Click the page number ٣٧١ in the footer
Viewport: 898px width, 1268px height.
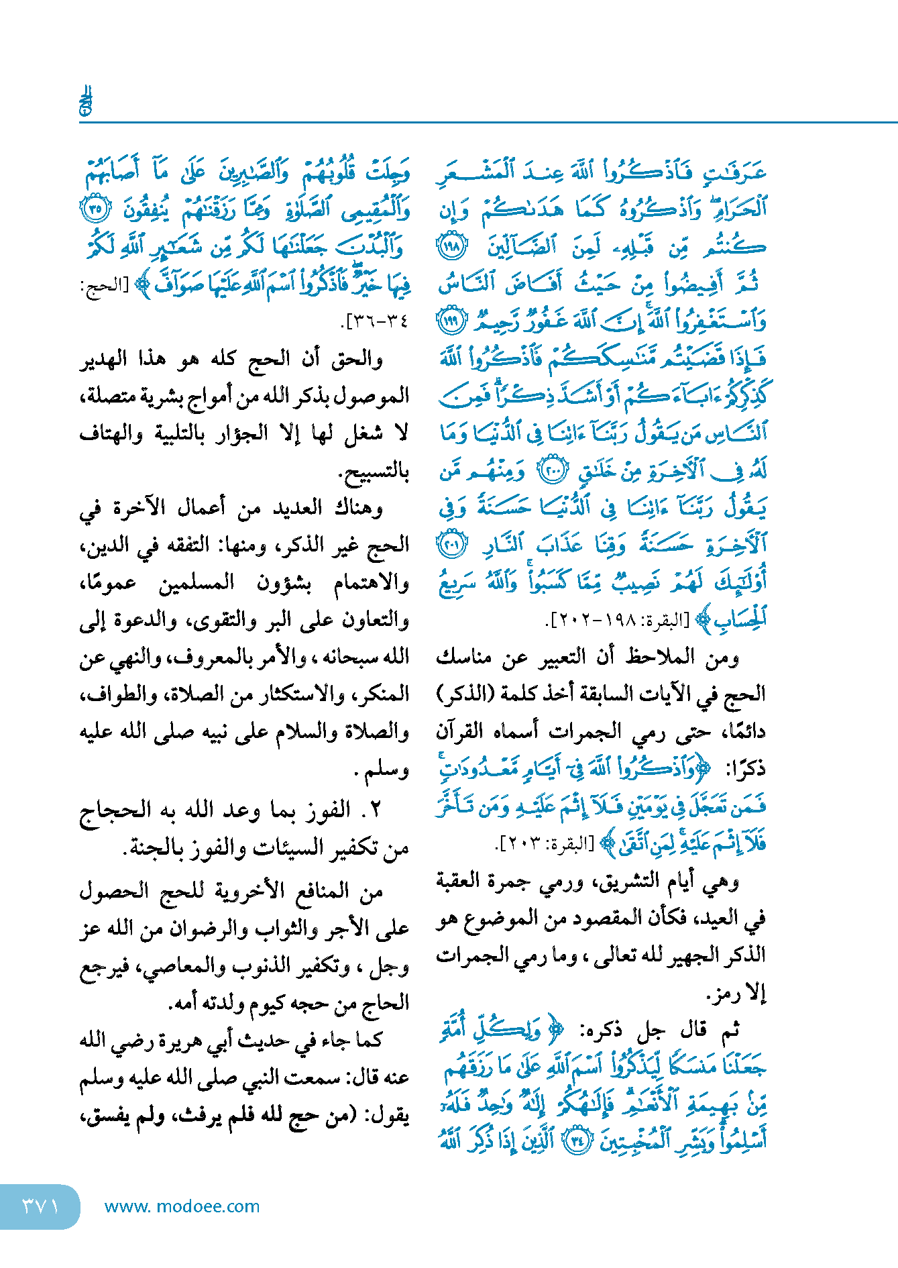pos(40,1206)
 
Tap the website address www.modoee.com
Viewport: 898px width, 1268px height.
pos(182,1206)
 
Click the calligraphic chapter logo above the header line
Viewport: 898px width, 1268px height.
pos(86,101)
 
